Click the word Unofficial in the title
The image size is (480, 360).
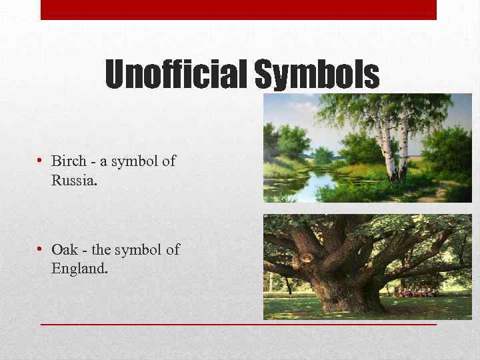tap(177, 74)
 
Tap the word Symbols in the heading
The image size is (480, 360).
tap(317, 74)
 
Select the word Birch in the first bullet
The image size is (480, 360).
tap(69, 161)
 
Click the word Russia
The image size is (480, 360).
tap(74, 179)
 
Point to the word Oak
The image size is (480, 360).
tap(65, 250)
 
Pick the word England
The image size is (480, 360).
tap(79, 269)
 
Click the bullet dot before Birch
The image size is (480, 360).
tap(41, 161)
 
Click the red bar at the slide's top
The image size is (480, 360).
tap(238, 9)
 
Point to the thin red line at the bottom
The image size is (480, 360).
tap(238, 324)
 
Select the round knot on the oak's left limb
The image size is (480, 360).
tap(308, 256)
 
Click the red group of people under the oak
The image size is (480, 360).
tap(413, 291)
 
